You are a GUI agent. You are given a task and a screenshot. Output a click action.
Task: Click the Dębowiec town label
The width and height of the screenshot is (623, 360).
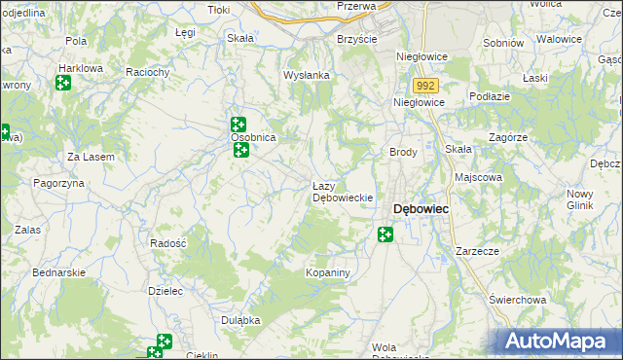click(420, 208)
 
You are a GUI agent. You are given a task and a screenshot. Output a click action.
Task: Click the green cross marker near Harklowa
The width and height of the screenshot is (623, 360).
click(63, 83)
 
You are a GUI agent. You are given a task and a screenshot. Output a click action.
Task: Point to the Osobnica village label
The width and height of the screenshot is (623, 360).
click(254, 138)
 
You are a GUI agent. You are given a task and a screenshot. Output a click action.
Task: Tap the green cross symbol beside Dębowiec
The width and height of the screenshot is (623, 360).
click(385, 234)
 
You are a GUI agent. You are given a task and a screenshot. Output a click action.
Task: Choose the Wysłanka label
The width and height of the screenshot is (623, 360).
click(307, 75)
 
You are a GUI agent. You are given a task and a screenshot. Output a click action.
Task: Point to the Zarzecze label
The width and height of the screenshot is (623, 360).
click(477, 251)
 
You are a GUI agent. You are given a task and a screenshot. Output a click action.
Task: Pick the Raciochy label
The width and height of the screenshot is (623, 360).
click(149, 72)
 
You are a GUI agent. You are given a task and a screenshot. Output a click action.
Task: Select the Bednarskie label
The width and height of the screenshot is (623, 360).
click(59, 273)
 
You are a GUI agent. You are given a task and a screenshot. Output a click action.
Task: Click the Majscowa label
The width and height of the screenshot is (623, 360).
click(478, 178)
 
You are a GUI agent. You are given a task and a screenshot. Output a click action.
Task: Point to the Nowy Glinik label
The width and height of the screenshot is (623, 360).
click(580, 199)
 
